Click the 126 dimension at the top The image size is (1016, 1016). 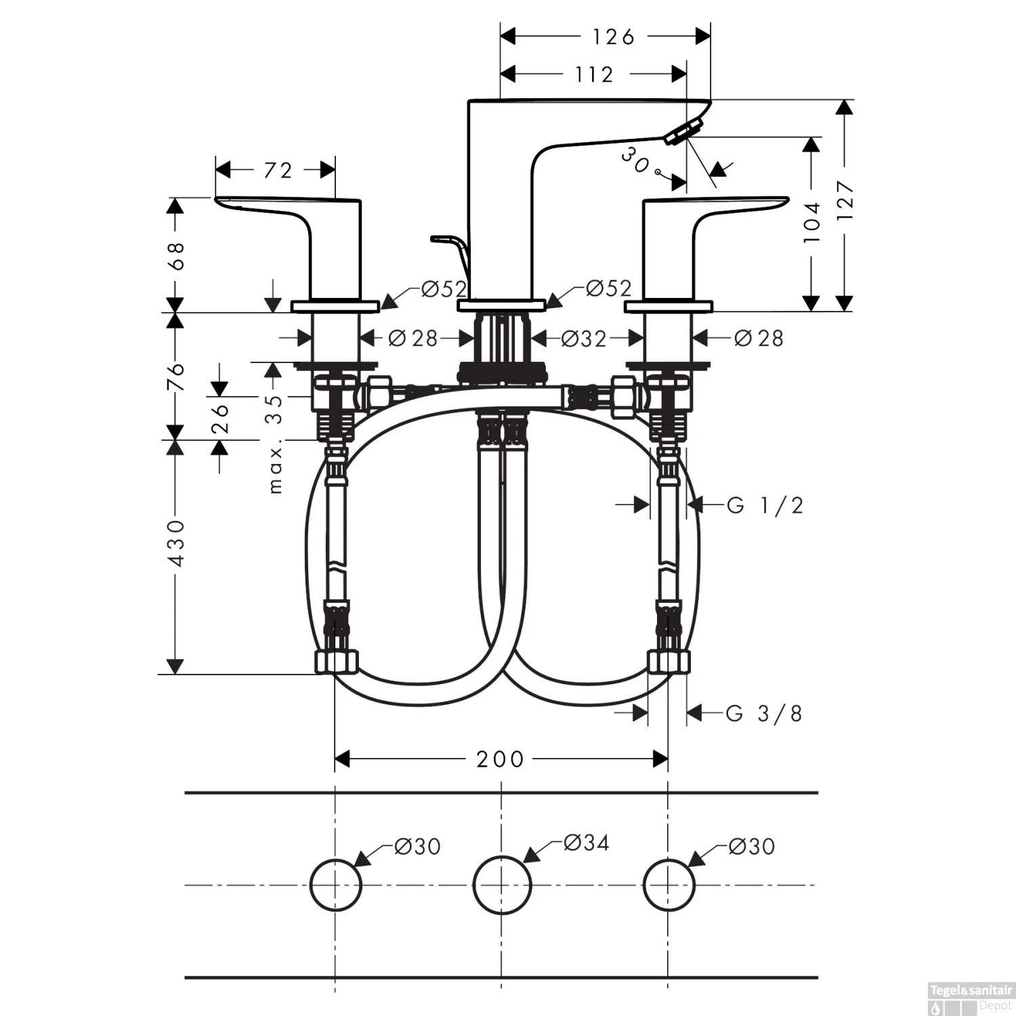click(613, 37)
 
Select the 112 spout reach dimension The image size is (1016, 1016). click(594, 74)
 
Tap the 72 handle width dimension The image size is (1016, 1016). click(278, 170)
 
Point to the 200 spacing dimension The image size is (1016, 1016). click(500, 759)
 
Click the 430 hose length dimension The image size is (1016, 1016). click(176, 543)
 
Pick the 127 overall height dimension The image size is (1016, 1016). click(845, 200)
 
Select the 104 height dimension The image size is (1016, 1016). click(811, 221)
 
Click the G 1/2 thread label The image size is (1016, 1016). click(765, 505)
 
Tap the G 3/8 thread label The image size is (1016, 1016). click(764, 713)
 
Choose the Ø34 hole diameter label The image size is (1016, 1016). click(586, 843)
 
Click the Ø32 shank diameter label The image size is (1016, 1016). click(584, 338)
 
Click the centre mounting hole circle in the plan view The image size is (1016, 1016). click(502, 885)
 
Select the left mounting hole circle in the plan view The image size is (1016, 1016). click(336, 885)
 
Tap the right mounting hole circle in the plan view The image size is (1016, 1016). click(669, 885)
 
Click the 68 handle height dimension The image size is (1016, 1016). click(176, 255)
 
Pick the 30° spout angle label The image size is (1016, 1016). click(637, 162)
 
